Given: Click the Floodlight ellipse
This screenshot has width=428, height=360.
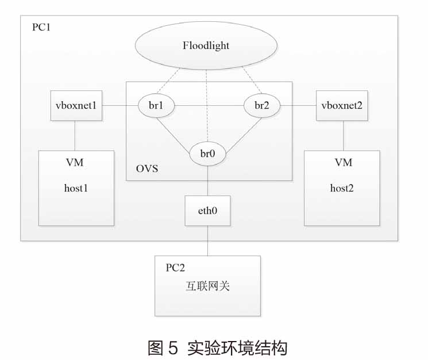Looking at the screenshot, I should point(206,46).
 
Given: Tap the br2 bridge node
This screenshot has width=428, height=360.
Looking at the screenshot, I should point(262,106).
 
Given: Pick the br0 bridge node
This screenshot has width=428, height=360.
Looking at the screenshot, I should point(207,154).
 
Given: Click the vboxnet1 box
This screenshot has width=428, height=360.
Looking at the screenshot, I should point(76,106).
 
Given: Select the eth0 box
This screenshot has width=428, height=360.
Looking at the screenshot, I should point(207,210).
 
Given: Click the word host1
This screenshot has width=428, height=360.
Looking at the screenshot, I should point(75,188).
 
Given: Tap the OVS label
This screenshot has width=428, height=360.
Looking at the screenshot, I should point(146,169).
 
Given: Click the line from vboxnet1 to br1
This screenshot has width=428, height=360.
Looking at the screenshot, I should point(120,106).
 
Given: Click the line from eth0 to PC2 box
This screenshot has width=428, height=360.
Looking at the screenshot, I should point(207,240).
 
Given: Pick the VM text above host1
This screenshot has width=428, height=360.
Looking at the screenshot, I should point(75,163).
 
